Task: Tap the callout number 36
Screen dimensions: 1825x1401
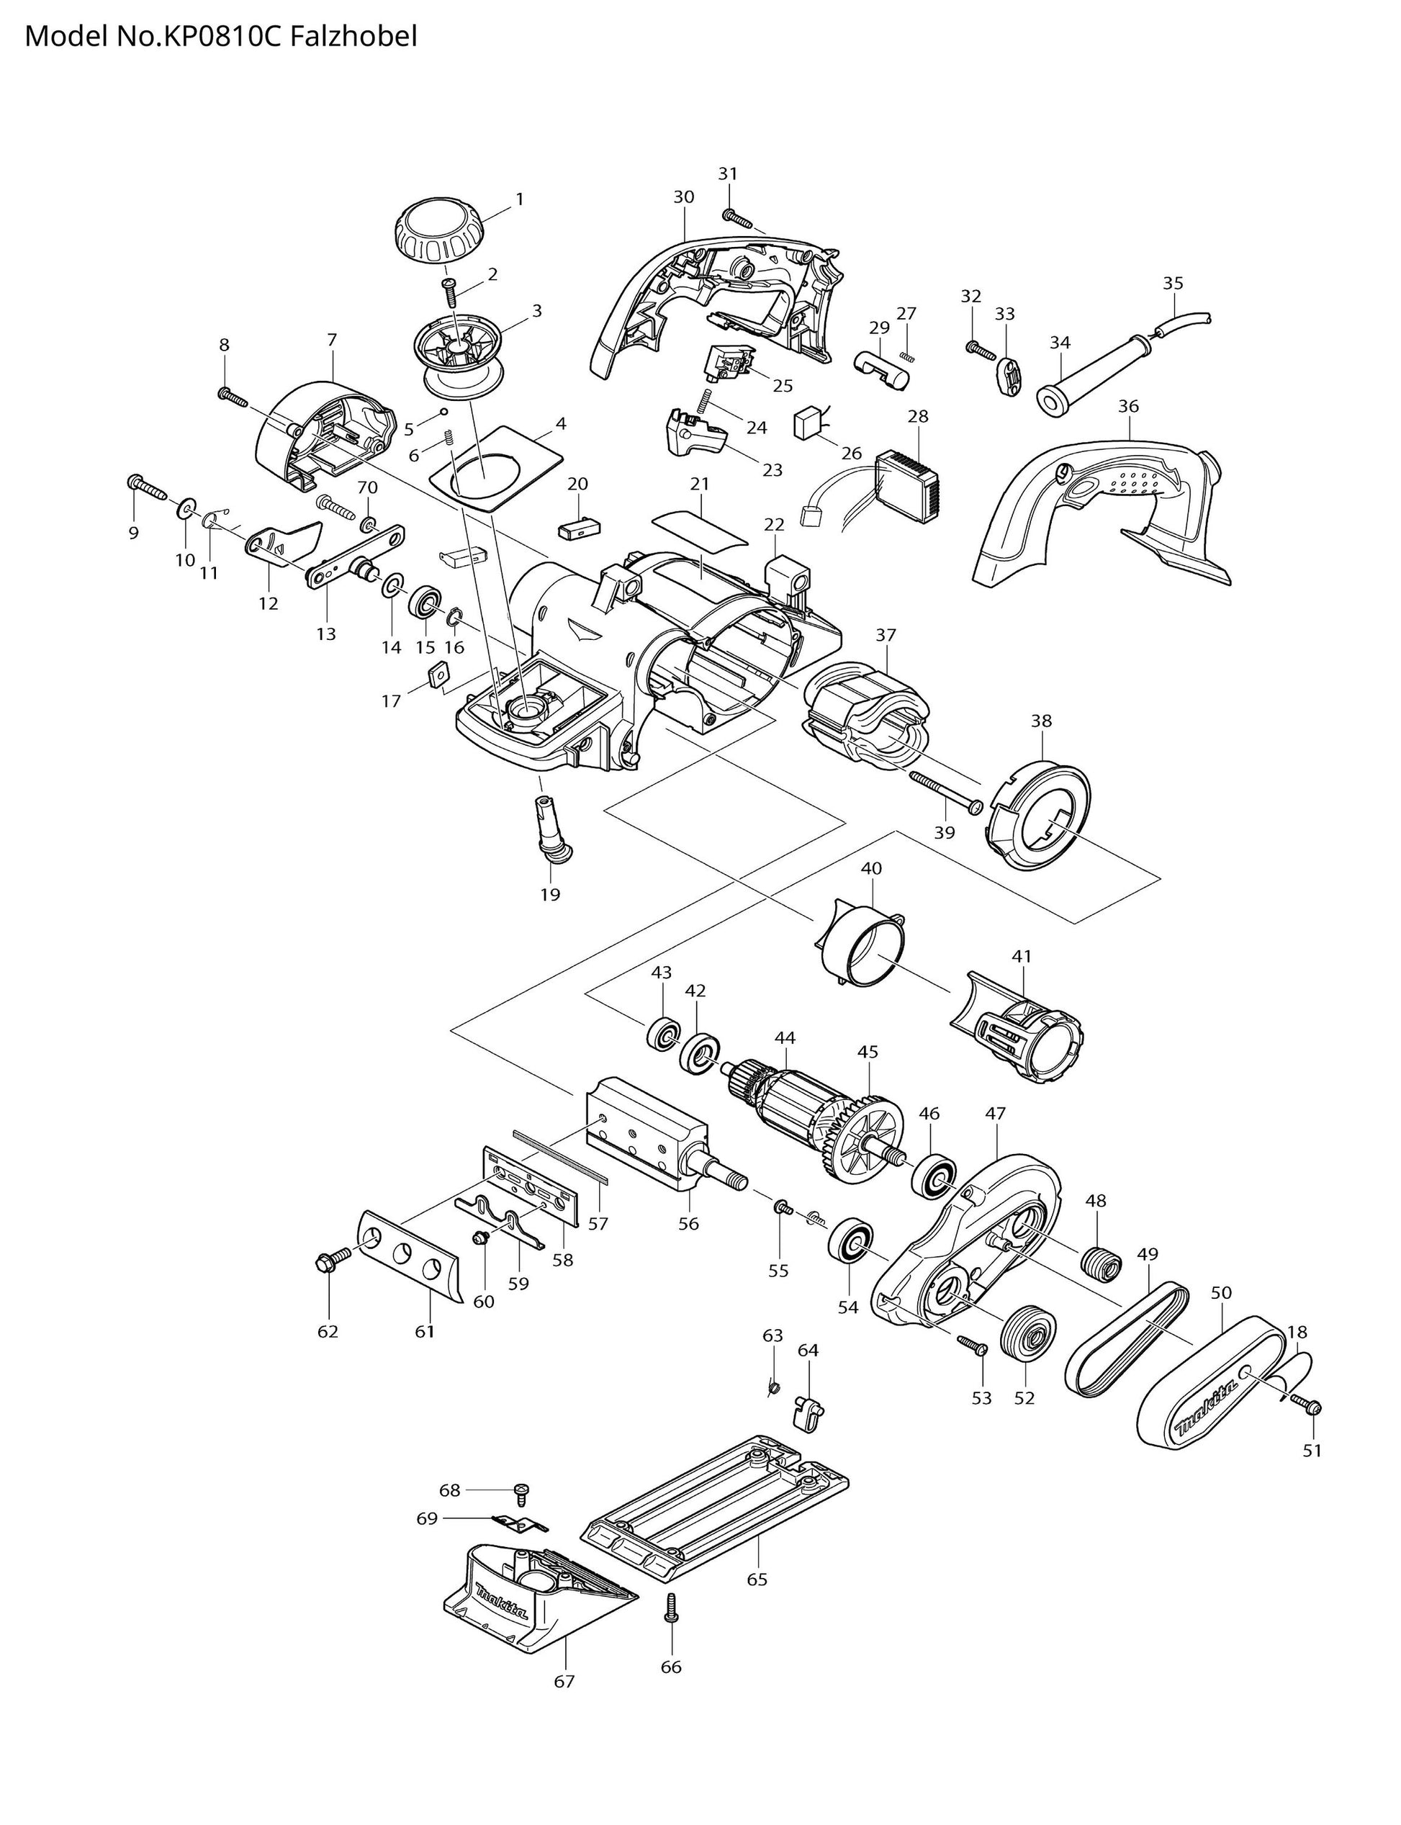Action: point(1128,407)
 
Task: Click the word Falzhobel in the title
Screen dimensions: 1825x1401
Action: point(353,37)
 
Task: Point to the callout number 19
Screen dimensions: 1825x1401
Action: point(549,895)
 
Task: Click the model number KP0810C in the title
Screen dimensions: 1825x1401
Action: point(217,37)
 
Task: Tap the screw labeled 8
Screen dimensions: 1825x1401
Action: point(233,396)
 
